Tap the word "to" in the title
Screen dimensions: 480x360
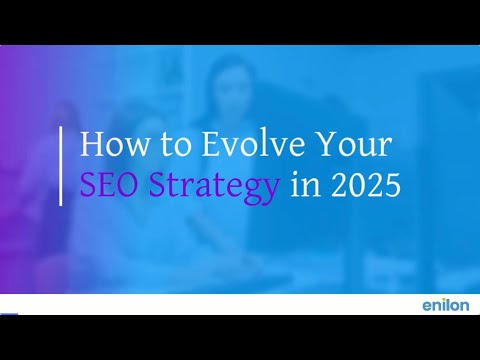point(176,145)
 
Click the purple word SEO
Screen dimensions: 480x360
point(109,184)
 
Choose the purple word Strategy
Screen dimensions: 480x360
point(213,187)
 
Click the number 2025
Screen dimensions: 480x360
point(366,184)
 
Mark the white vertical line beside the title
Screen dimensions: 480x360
point(61,166)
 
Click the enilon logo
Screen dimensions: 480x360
point(446,305)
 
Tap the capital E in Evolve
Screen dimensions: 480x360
point(212,144)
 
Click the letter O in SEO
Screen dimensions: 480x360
point(125,184)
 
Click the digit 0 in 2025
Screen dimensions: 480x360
point(358,184)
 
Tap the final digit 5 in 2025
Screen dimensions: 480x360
point(393,184)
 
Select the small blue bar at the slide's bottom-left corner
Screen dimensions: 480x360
point(9,314)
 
